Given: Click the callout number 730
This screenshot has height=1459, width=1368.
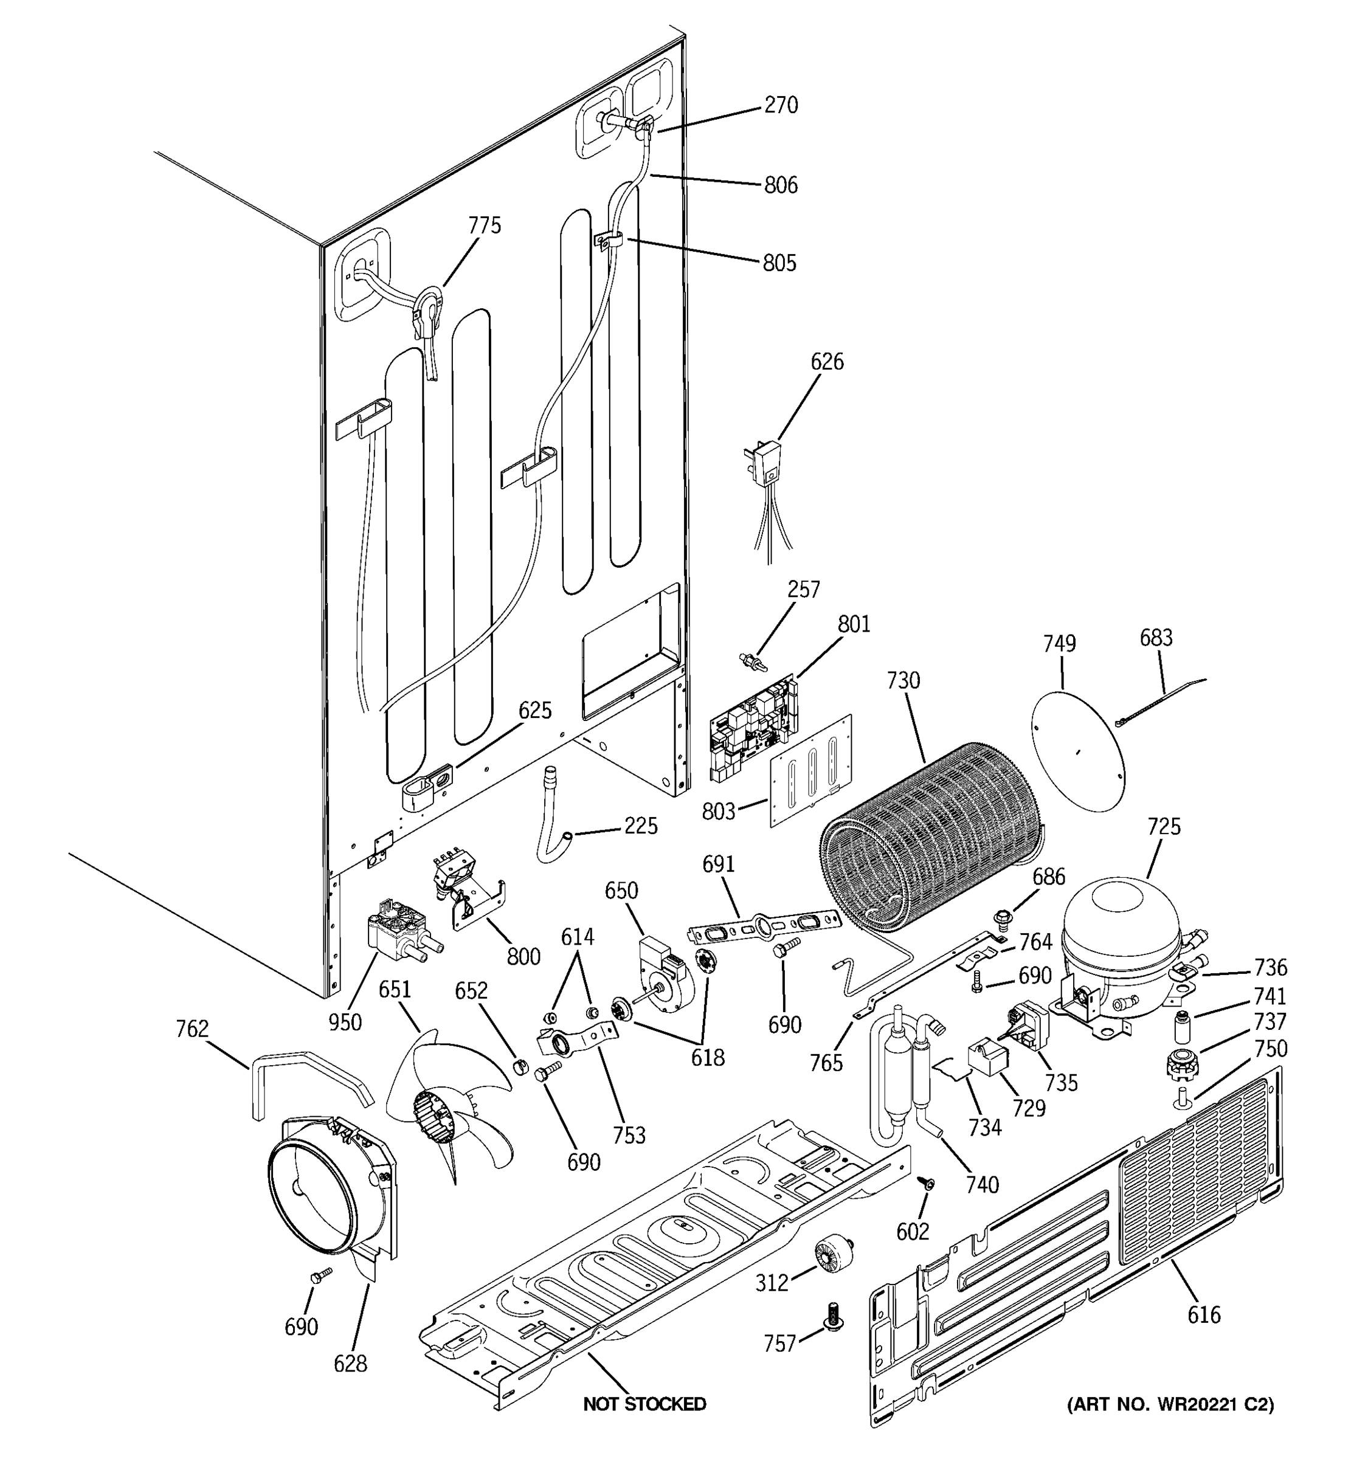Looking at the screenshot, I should click(x=903, y=680).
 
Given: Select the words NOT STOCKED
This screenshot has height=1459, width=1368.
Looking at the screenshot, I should click(x=644, y=1404).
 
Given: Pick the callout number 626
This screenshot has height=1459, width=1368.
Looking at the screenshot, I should click(x=827, y=362).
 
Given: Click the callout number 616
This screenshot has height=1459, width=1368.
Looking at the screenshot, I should click(x=1204, y=1314).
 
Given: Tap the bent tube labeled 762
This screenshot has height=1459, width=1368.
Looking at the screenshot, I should click(x=308, y=1075).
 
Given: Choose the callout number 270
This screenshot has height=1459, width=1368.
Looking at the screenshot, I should click(x=781, y=106).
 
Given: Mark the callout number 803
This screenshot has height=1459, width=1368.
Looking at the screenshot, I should click(x=719, y=811).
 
